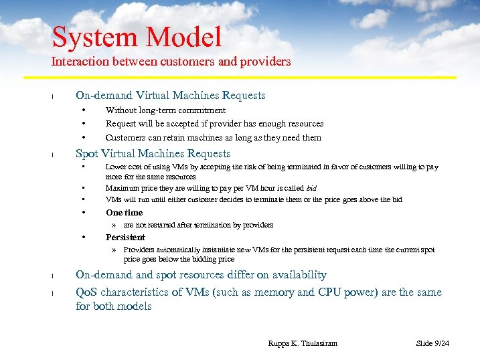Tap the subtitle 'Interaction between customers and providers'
click(171, 62)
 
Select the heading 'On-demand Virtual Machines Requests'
click(170, 96)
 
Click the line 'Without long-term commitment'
click(165, 110)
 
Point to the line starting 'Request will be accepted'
click(214, 124)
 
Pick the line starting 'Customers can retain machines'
click(213, 138)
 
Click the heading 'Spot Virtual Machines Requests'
click(153, 154)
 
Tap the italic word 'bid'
click(311, 189)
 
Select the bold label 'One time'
click(124, 213)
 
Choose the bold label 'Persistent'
click(125, 238)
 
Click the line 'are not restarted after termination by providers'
click(198, 226)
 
